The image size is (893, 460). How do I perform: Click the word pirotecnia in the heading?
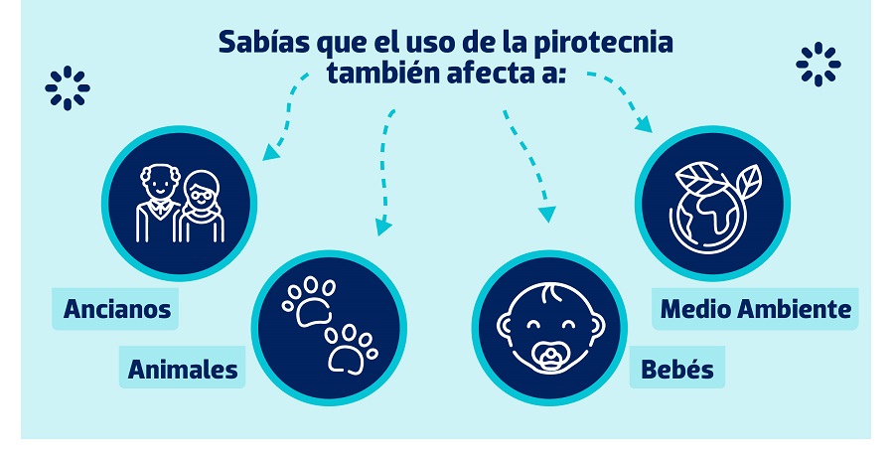click(604, 44)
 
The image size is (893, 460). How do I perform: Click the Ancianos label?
click(117, 309)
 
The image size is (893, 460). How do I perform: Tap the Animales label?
click(183, 369)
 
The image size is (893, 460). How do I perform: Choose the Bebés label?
click(677, 369)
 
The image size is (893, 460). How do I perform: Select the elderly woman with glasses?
click(202, 207)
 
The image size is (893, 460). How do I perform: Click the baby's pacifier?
click(550, 357)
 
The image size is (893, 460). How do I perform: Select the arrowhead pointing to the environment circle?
click(644, 124)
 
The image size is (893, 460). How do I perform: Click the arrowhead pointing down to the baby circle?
click(546, 214)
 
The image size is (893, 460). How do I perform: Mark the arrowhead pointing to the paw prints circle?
click(383, 228)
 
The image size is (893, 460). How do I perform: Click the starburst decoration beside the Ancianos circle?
click(68, 87)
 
